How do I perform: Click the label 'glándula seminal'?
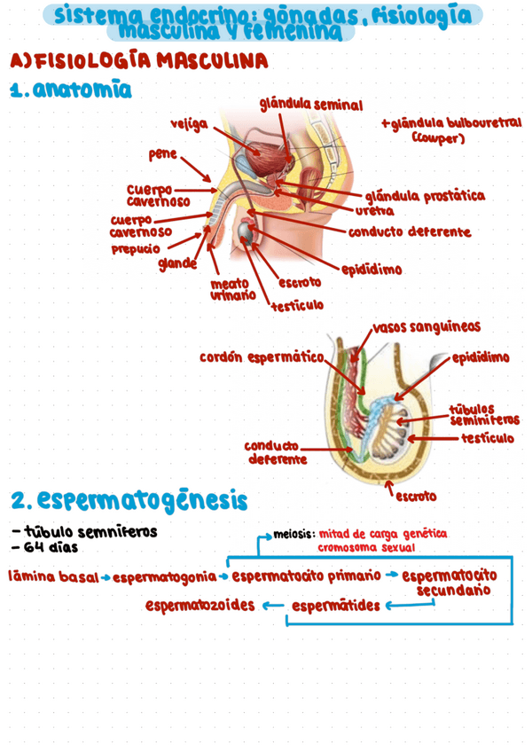point(310,105)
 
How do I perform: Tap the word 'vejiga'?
point(189,124)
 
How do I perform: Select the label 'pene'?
point(163,154)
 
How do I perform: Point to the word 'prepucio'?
point(136,248)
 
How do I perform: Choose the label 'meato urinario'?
point(232,289)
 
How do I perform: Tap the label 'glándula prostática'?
point(424,195)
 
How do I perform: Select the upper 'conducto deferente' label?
point(409,232)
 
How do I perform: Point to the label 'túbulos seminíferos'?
point(484,414)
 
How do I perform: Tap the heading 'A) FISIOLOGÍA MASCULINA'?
point(137,62)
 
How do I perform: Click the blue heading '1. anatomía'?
point(70,90)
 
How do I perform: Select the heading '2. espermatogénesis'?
point(129,500)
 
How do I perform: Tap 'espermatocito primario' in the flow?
point(307,576)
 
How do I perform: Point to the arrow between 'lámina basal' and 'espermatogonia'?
point(105,577)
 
